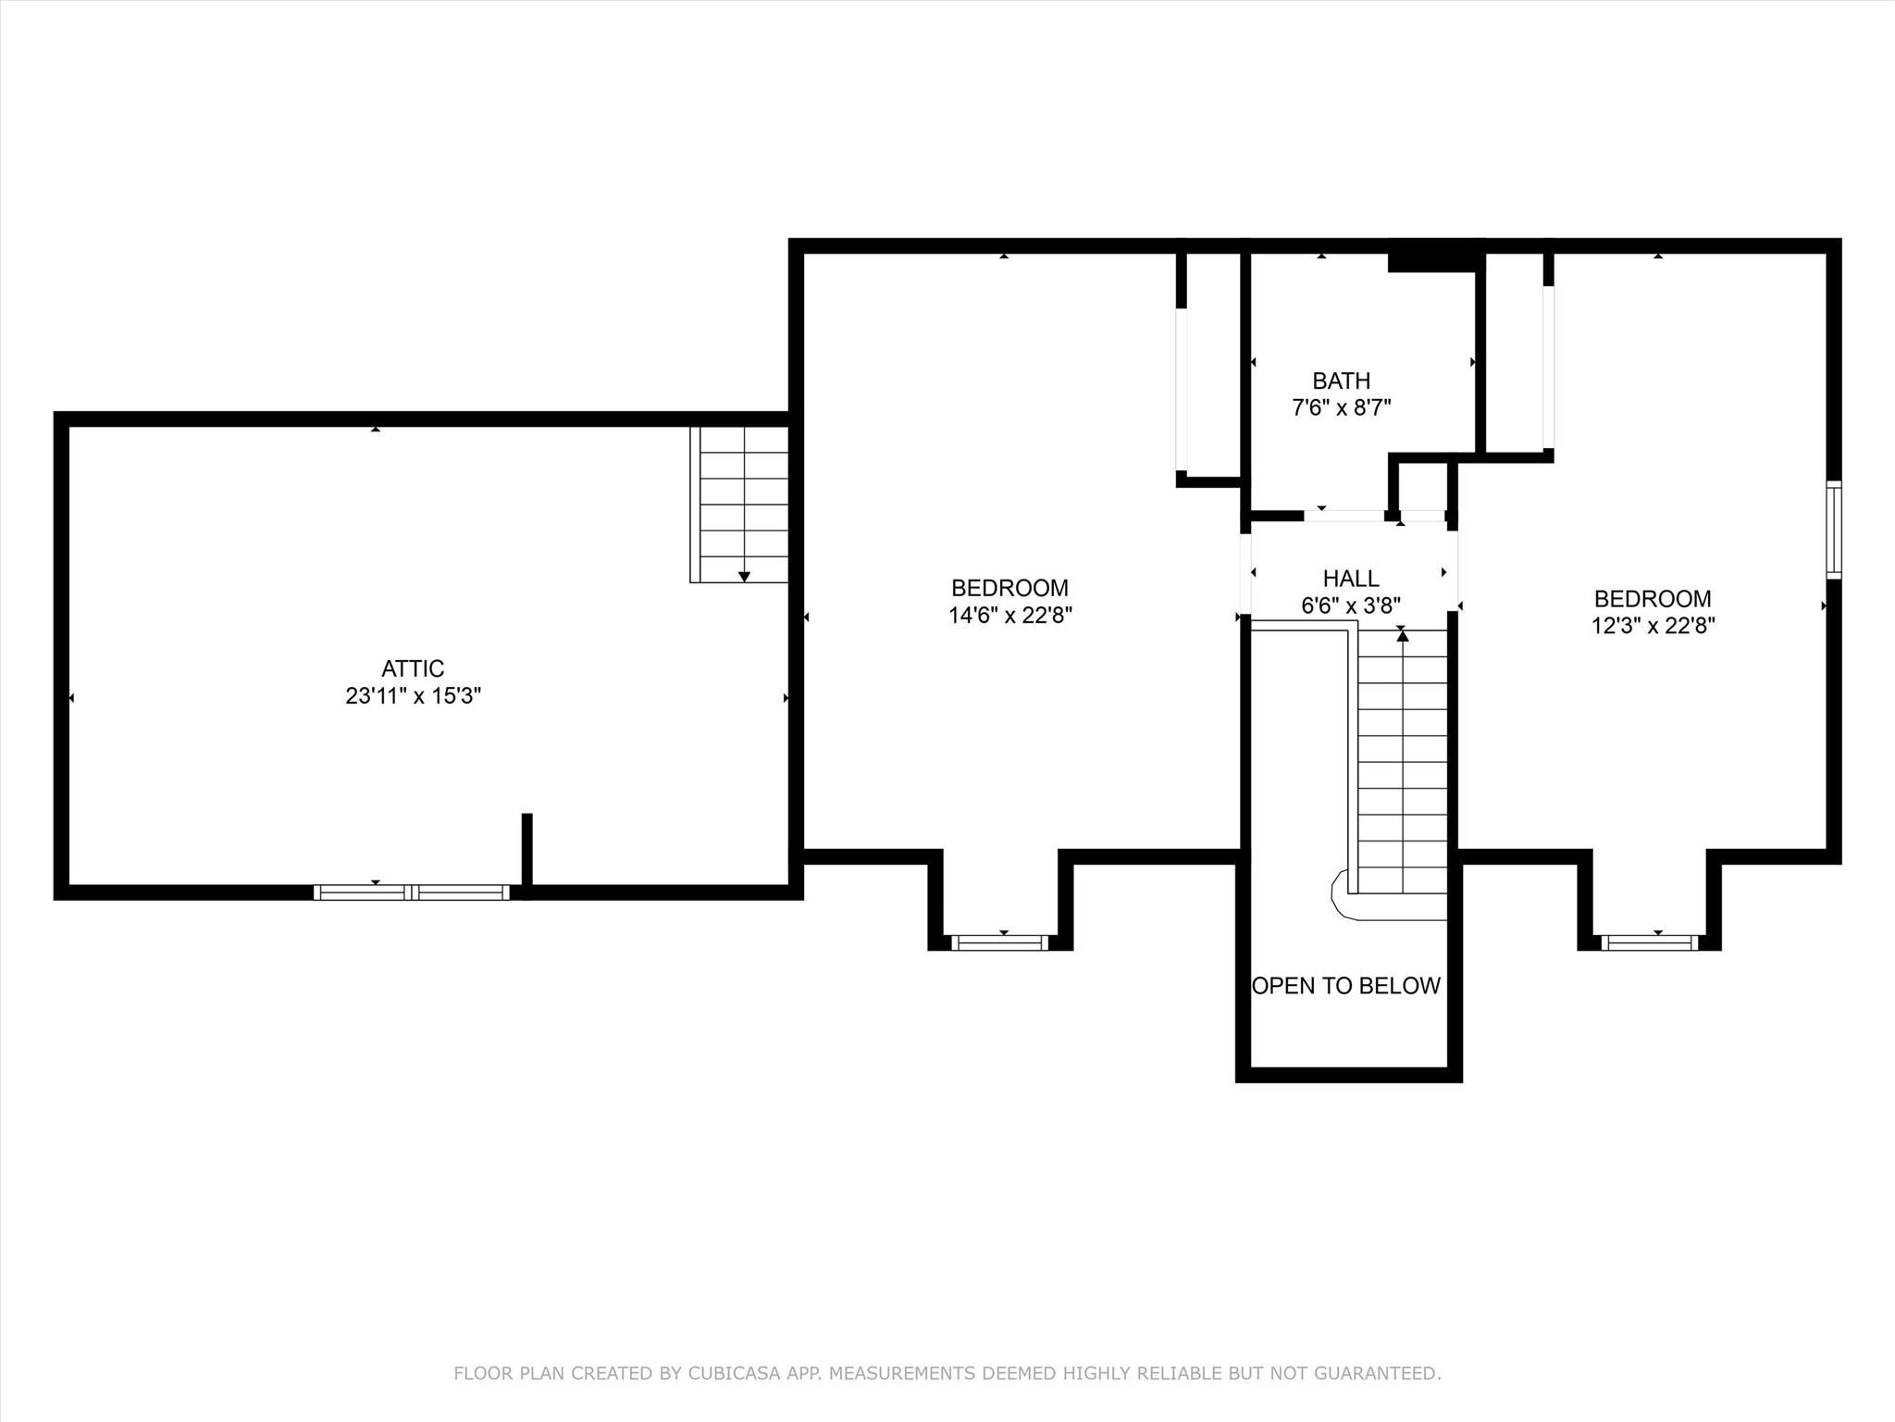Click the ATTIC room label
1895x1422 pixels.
coord(413,668)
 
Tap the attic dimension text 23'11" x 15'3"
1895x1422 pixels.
coord(413,696)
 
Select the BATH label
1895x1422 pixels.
coord(1341,380)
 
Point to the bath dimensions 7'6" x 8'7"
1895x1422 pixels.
coord(1341,407)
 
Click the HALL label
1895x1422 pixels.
coord(1351,579)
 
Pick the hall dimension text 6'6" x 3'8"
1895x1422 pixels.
coord(1351,605)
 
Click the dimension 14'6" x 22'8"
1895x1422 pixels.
coord(1009,615)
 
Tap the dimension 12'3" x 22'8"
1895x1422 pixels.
coord(1653,626)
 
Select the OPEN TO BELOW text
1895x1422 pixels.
coord(1345,986)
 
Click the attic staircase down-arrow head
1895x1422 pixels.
coord(744,577)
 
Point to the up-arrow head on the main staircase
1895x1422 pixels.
coord(1402,636)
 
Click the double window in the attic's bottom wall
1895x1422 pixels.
coord(411,892)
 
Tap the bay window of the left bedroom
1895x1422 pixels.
coord(1000,942)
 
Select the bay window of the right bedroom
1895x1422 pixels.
coord(1650,942)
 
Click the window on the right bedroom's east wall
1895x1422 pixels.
coord(1833,530)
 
